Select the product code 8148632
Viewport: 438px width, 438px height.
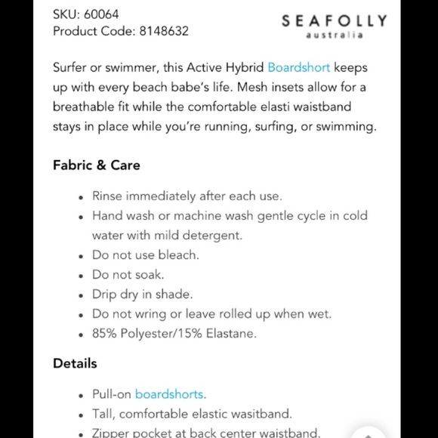162,31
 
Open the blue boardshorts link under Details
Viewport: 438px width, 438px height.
169,394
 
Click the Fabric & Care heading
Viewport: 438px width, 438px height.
96,165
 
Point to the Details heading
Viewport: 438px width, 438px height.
75,363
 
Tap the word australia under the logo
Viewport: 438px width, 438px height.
334,35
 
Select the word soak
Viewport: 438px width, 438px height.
149,275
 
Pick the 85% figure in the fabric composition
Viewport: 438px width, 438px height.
106,334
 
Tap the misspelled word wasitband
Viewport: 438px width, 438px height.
258,414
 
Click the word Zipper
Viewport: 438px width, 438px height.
112,433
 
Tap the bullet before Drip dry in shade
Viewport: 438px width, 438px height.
81,295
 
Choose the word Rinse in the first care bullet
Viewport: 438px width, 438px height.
108,196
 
